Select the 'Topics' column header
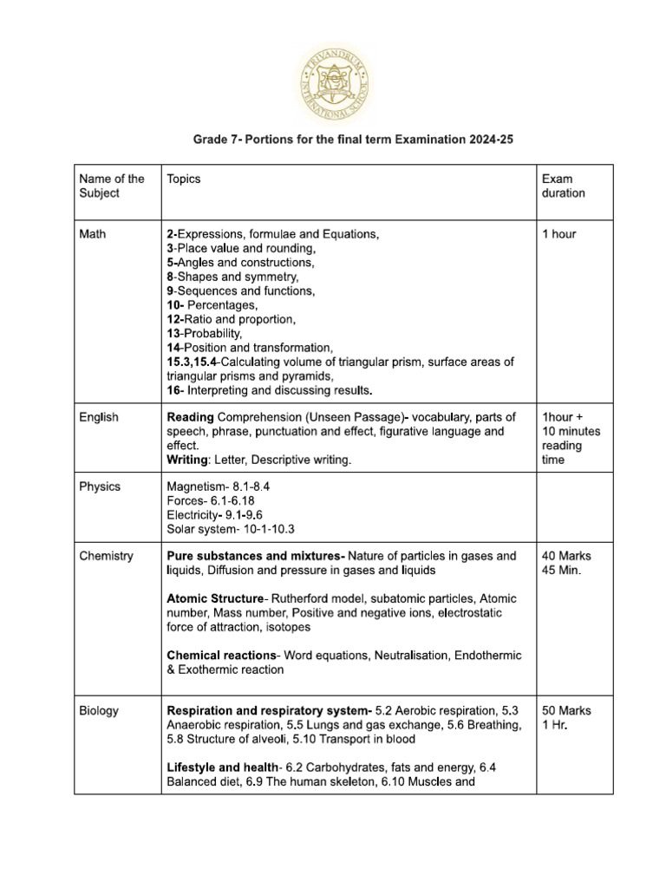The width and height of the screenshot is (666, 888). (x=183, y=179)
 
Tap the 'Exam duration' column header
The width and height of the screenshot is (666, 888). (x=563, y=186)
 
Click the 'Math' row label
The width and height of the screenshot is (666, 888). (x=93, y=234)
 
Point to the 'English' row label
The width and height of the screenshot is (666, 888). (x=99, y=417)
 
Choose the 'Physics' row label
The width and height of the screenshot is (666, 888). (x=100, y=486)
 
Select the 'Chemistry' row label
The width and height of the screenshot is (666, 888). (x=106, y=556)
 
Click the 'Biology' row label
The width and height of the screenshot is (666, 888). (x=99, y=710)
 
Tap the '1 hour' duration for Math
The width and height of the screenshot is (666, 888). (x=558, y=234)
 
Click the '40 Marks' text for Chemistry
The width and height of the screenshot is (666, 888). (x=566, y=556)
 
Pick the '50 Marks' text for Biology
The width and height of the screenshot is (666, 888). (x=566, y=710)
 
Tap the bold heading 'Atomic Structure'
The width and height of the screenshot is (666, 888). (x=213, y=598)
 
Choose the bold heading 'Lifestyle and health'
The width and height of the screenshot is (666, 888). (x=224, y=767)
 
